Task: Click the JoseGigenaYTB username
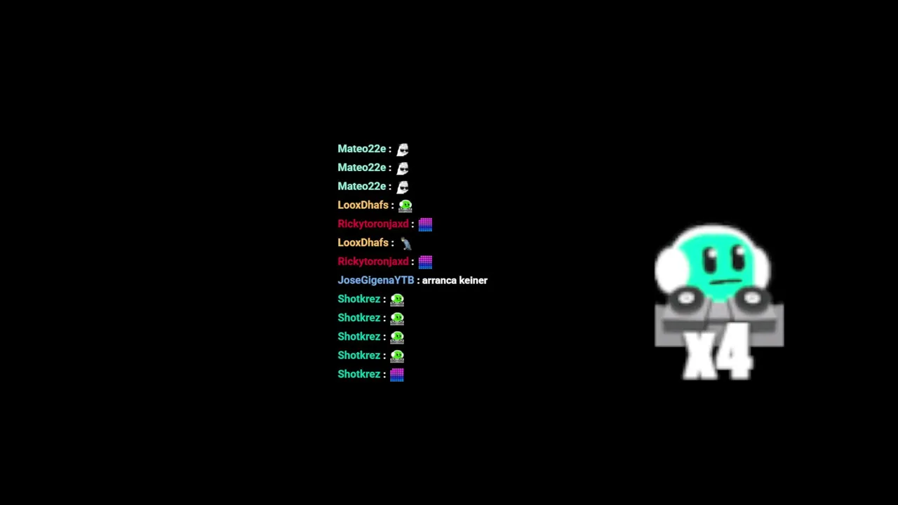pyautogui.click(x=375, y=281)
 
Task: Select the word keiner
pyautogui.click(x=473, y=281)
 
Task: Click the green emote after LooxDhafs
pyautogui.click(x=406, y=206)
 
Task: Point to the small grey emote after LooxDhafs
pyautogui.click(x=406, y=243)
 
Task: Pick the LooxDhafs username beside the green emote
pyautogui.click(x=363, y=206)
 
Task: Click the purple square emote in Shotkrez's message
pyautogui.click(x=397, y=375)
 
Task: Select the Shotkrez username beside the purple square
pyautogui.click(x=358, y=375)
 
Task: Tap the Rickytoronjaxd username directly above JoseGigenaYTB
pyautogui.click(x=373, y=262)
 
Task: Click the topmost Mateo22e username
pyautogui.click(x=361, y=149)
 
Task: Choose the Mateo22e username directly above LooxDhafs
pyautogui.click(x=361, y=187)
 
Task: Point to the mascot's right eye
pyautogui.click(x=737, y=260)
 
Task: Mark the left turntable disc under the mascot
pyautogui.click(x=686, y=299)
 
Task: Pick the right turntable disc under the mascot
pyautogui.click(x=752, y=299)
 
